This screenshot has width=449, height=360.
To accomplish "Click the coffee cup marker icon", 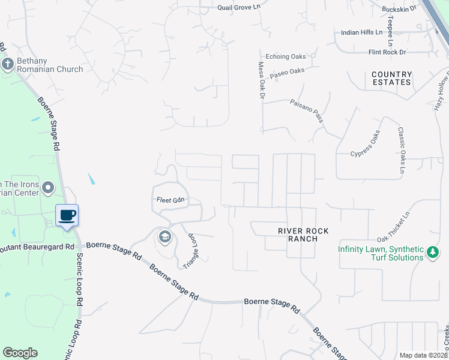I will coord(67,215).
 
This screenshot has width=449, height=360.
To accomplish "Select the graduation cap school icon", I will coord(164,237).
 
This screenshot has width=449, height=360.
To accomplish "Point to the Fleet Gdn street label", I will coord(170,200).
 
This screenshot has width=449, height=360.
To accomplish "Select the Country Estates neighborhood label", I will coord(391,79).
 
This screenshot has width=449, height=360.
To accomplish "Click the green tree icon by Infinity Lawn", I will coord(432,253).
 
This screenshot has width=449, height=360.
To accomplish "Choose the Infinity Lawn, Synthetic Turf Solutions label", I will coord(381,253).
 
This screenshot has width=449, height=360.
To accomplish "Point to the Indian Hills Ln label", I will coord(361,32).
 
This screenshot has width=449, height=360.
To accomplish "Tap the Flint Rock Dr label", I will coord(391,53).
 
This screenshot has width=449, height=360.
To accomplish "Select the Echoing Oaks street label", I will coord(285,57).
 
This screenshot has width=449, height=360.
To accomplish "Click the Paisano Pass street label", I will coord(306,111).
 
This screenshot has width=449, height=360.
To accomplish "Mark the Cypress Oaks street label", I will coord(365,144).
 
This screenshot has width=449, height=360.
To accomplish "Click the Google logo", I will coord(20,353).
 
